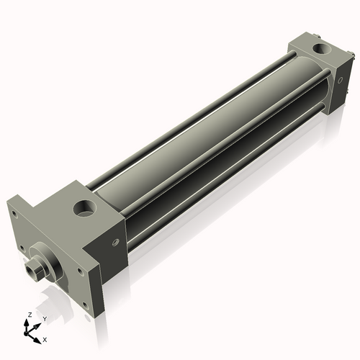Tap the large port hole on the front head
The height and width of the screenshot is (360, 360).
pyautogui.click(x=83, y=211)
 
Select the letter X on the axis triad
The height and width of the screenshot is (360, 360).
pyautogui.click(x=45, y=338)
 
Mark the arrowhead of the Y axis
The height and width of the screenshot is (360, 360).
pyautogui.click(x=37, y=323)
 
